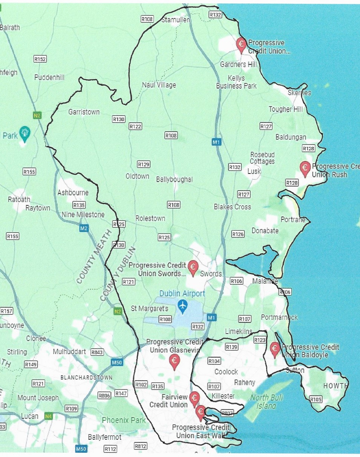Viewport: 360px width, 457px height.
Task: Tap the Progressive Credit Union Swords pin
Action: (x=193, y=266)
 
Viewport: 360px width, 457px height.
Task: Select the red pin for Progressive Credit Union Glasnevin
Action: (x=175, y=361)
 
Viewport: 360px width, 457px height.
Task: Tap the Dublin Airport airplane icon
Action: (x=183, y=305)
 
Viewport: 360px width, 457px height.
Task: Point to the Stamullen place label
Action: (x=176, y=20)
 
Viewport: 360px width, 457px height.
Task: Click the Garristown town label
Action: (x=84, y=112)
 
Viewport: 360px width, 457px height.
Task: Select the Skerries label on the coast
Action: (x=299, y=92)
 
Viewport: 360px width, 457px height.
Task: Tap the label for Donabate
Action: (x=265, y=231)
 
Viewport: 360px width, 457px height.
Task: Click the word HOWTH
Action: (x=335, y=386)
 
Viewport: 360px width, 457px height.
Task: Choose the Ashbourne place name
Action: (x=73, y=192)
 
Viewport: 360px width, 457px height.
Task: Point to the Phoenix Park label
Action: (x=124, y=420)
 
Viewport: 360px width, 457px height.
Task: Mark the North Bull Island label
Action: (x=266, y=402)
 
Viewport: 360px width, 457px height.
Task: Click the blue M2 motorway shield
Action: (x=84, y=228)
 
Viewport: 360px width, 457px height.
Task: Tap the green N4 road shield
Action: (x=48, y=417)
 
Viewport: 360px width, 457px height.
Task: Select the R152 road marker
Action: (x=40, y=59)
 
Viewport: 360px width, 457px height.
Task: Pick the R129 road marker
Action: (x=144, y=164)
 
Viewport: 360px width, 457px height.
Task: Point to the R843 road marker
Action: (x=97, y=352)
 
